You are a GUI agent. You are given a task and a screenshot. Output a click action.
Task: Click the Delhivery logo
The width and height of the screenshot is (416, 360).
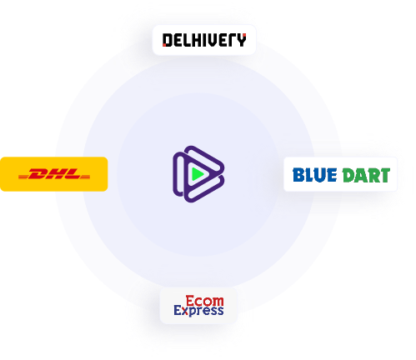pyautogui.click(x=204, y=40)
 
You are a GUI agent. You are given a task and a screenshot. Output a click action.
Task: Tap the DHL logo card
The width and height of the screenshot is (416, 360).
pyautogui.click(x=53, y=174)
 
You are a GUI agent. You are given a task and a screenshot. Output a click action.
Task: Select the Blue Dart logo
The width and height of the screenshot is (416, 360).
pyautogui.click(x=341, y=175)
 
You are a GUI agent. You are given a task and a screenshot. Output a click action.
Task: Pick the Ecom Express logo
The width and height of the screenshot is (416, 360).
pyautogui.click(x=198, y=306)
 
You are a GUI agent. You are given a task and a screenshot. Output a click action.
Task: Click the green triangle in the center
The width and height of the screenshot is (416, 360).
pyautogui.click(x=198, y=174)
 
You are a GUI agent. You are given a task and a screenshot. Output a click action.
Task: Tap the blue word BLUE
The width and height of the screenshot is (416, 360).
pyautogui.click(x=315, y=175)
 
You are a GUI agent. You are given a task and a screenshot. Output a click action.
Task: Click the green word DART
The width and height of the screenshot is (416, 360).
pyautogui.click(x=366, y=175)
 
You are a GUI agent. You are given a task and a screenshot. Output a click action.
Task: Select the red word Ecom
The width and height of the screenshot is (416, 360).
pyautogui.click(x=205, y=301)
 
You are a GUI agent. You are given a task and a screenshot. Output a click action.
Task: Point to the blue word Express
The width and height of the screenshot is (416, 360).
pyautogui.click(x=198, y=311)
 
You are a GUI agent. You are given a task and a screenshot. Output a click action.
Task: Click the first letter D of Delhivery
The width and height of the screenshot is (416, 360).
pyautogui.click(x=168, y=40)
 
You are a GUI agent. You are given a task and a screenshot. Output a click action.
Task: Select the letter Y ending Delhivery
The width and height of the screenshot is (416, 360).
pyautogui.click(x=242, y=40)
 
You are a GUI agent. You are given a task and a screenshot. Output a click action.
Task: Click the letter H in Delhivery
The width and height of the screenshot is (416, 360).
pyautogui.click(x=198, y=40)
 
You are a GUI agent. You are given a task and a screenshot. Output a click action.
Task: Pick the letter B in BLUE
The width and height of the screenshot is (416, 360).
pyautogui.click(x=298, y=175)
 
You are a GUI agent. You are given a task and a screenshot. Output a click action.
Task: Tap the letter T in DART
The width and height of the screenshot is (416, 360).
pyautogui.click(x=385, y=175)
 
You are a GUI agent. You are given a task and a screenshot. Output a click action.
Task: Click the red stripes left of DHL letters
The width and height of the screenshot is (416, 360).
pyautogui.click(x=26, y=177)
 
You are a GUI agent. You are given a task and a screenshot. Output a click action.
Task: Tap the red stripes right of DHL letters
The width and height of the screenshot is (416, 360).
pyautogui.click(x=84, y=177)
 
